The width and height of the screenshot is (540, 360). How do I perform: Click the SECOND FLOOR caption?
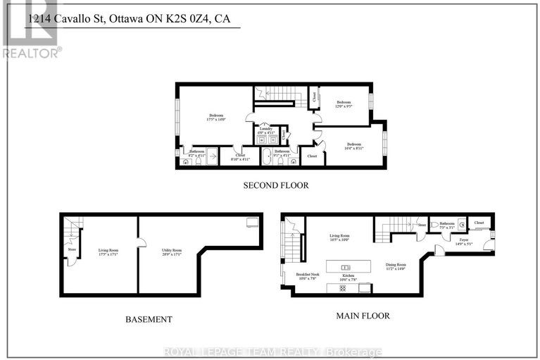[x=276, y=185]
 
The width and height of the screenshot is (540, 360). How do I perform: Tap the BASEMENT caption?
[x=149, y=319]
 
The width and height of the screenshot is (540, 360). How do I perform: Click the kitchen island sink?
[x=346, y=268]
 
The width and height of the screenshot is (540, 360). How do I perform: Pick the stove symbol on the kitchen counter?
[x=363, y=288]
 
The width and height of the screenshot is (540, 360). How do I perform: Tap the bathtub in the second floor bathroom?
[x=268, y=158]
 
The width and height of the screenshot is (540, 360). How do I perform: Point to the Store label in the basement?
[x=71, y=248]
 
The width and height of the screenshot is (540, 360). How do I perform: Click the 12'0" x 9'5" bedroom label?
[x=344, y=104]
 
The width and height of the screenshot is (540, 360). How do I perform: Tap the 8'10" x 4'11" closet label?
[x=240, y=159]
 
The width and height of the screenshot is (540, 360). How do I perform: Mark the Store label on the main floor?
[x=422, y=225]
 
